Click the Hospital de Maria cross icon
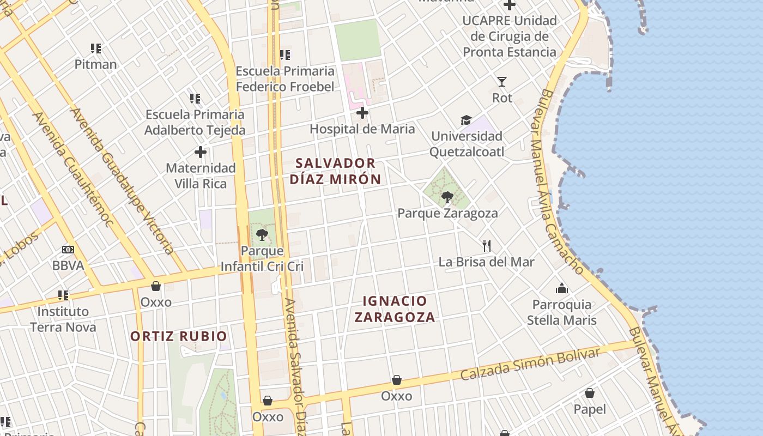[362, 113]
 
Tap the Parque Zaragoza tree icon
[447, 197]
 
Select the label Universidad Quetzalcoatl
[467, 144]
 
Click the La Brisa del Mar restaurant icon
[487, 246]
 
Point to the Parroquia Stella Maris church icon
[562, 288]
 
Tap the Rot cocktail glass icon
[502, 82]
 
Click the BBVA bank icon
[68, 250]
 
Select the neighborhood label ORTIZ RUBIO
[179, 336]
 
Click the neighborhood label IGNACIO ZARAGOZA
[395, 309]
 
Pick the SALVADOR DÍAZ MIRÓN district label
[335, 171]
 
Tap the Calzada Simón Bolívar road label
[530, 364]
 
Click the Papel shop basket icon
[590, 393]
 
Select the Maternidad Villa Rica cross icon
[201, 152]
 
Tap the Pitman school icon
[96, 49]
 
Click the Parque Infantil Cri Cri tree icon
[262, 235]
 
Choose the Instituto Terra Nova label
[63, 319]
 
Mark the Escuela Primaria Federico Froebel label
[285, 79]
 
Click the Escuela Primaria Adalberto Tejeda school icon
[195, 99]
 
